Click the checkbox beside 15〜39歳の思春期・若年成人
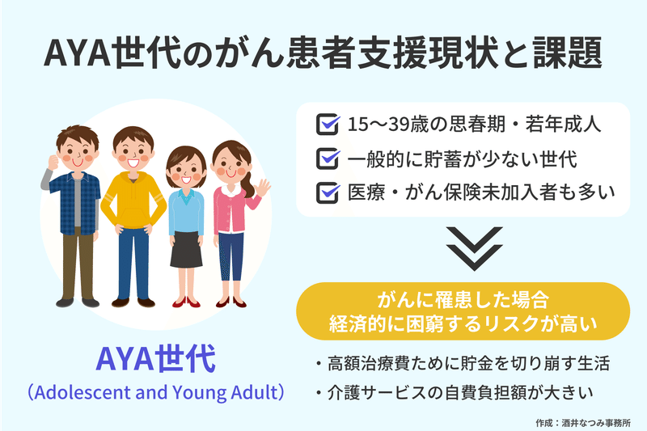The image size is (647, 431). [328, 125]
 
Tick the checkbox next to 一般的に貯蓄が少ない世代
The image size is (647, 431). [328, 158]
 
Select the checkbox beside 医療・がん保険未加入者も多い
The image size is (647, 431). [328, 192]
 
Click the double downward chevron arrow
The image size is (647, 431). [474, 248]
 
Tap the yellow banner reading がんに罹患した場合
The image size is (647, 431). [463, 311]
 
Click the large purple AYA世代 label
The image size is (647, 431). [155, 360]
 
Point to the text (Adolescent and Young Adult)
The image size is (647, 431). [155, 392]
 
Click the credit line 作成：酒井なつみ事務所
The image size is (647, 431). [583, 423]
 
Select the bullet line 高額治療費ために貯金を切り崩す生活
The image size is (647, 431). [463, 364]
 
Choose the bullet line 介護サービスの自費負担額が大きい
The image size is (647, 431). [455, 393]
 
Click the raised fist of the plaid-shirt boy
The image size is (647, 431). [53, 162]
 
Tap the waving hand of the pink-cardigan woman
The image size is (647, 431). [261, 188]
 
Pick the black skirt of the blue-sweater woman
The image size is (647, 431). [186, 249]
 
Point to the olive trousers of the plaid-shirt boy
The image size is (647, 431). [78, 264]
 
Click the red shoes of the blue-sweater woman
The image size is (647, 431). [186, 302]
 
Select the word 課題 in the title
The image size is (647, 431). [568, 53]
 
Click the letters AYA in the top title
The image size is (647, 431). [77, 53]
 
